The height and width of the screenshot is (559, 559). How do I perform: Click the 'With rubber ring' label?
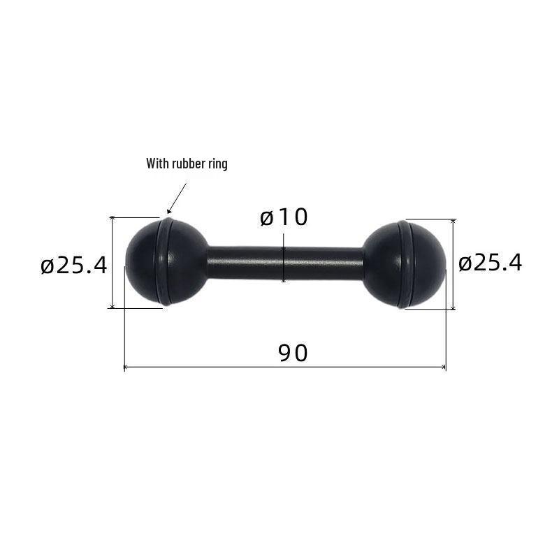click(187, 164)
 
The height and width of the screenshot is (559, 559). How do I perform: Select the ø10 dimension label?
click(284, 217)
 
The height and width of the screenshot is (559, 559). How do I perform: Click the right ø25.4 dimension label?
click(491, 263)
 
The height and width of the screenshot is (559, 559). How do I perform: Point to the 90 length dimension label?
click(293, 353)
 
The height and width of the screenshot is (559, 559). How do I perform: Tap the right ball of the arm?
click(412, 262)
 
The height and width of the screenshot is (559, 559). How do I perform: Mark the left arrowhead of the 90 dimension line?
click(126, 367)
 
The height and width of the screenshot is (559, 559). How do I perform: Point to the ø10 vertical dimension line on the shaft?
click(284, 263)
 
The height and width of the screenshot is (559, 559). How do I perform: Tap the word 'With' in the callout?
click(157, 164)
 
